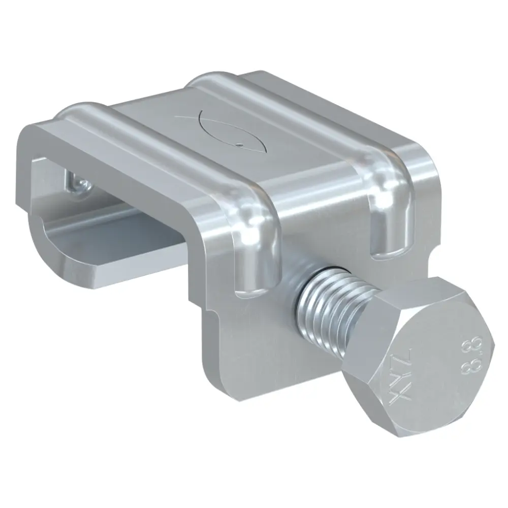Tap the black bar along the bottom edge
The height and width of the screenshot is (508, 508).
point(254,478)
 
